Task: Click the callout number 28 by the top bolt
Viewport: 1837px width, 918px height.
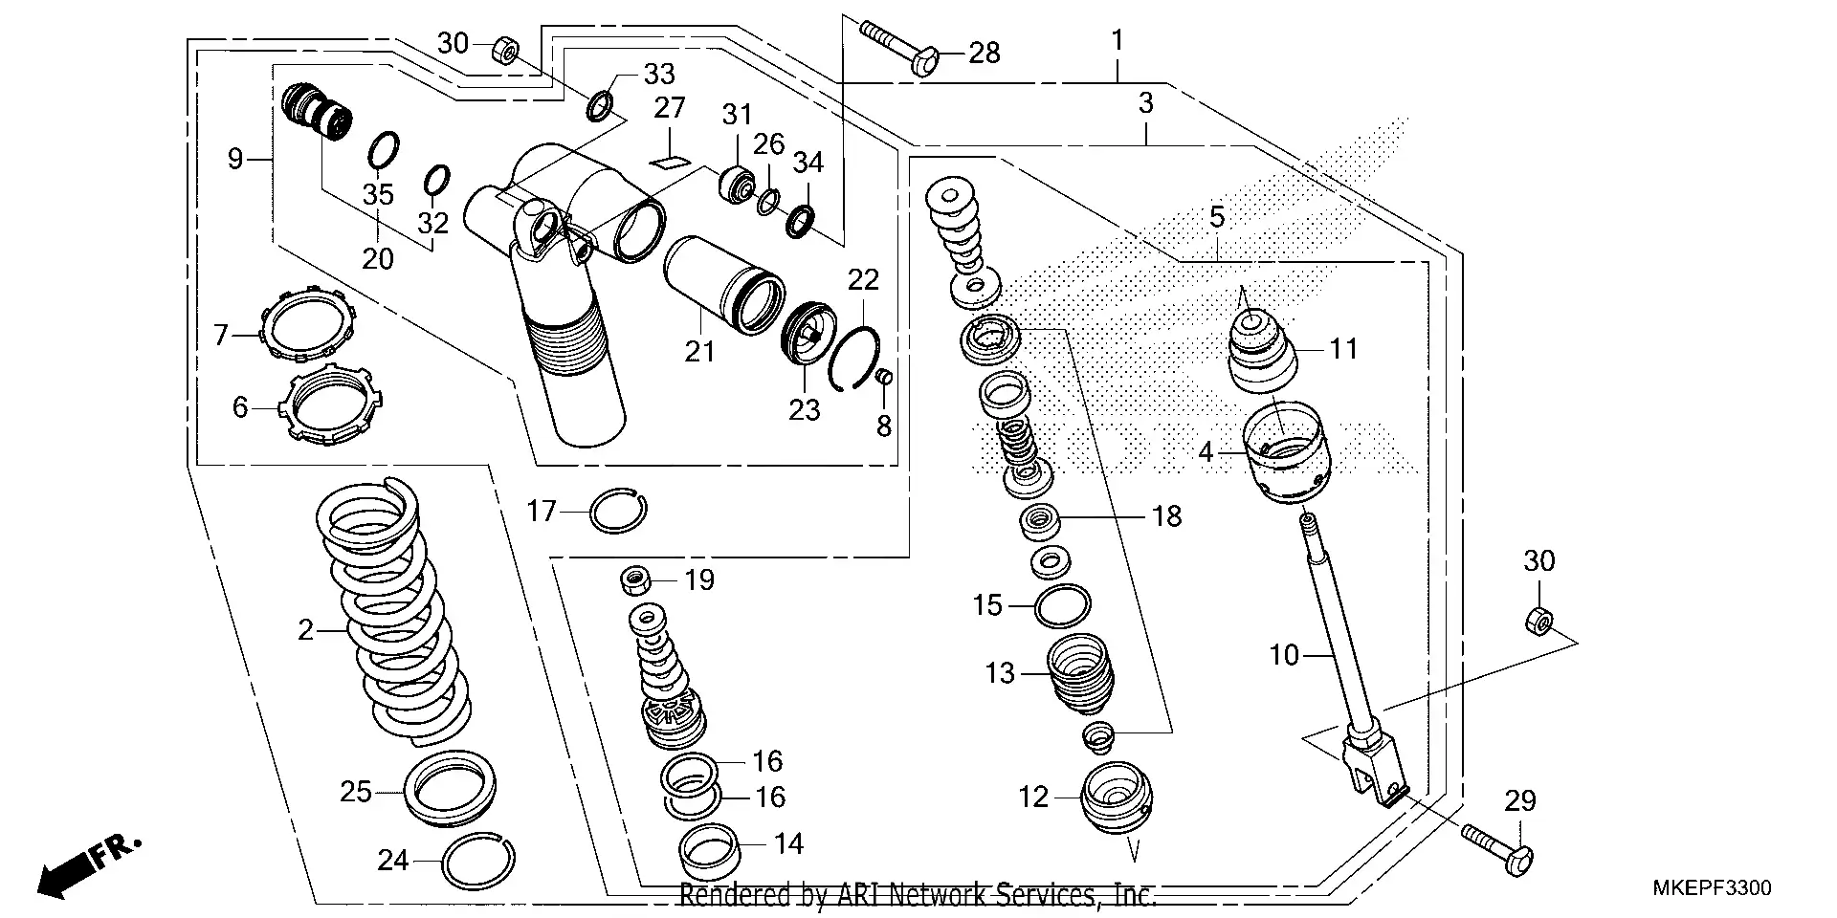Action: tap(984, 53)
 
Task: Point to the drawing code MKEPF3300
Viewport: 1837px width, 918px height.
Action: tap(1712, 888)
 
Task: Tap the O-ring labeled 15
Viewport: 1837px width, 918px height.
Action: tap(1062, 605)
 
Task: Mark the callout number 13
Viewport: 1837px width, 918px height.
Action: tap(1000, 673)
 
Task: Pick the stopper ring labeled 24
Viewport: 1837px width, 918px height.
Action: tap(478, 861)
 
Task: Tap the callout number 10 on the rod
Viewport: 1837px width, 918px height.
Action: tap(1285, 655)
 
